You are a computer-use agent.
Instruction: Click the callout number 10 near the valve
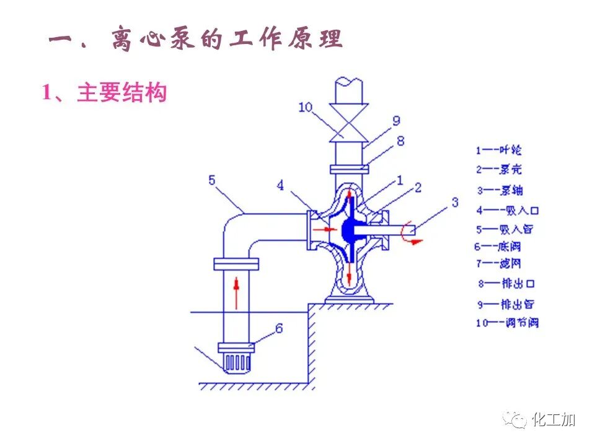pos(306,107)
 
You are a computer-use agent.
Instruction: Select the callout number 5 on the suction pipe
pos(212,180)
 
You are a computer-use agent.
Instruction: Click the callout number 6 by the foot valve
pos(279,328)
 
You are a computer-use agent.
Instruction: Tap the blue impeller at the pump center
pos(348,230)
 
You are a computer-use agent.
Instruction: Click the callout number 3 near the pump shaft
pos(454,201)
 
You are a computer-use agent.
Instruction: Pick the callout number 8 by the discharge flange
pos(400,141)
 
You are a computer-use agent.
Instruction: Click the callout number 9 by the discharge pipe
pos(396,120)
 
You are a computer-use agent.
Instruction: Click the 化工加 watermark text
pos(553,420)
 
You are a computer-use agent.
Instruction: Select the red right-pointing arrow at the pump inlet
pos(322,230)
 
